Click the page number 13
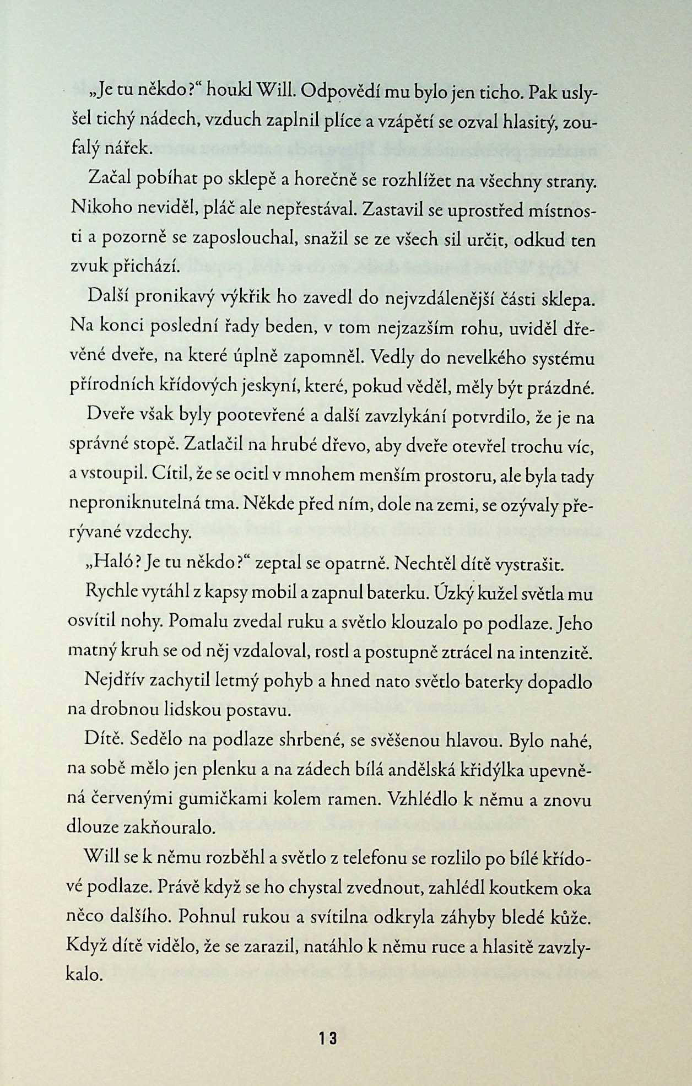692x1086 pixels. (327, 1038)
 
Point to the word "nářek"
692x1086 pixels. (126, 149)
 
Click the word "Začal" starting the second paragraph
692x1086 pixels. (107, 180)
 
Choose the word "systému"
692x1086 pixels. (562, 359)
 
